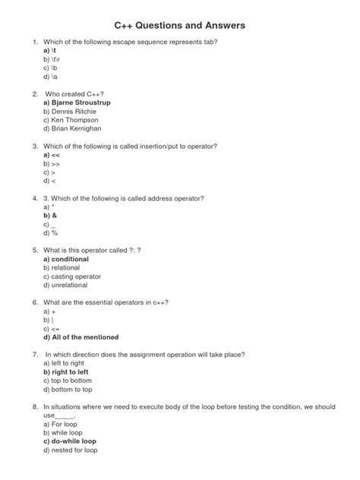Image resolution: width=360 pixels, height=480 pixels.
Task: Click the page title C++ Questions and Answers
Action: click(x=180, y=26)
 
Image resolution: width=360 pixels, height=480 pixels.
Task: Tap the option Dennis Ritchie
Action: click(x=71, y=111)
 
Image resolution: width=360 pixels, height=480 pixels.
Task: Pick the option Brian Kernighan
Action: click(x=73, y=129)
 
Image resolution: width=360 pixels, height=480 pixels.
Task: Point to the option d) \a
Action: click(x=51, y=77)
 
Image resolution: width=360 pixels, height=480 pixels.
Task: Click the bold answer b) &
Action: click(x=51, y=216)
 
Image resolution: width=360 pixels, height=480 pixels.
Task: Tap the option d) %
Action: click(x=51, y=234)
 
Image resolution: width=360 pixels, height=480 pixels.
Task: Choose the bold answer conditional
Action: click(x=66, y=259)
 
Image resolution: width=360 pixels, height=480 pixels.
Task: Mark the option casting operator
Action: click(x=72, y=276)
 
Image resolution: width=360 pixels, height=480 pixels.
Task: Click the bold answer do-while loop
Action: click(x=70, y=441)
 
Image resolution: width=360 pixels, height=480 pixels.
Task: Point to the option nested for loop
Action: click(x=70, y=450)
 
